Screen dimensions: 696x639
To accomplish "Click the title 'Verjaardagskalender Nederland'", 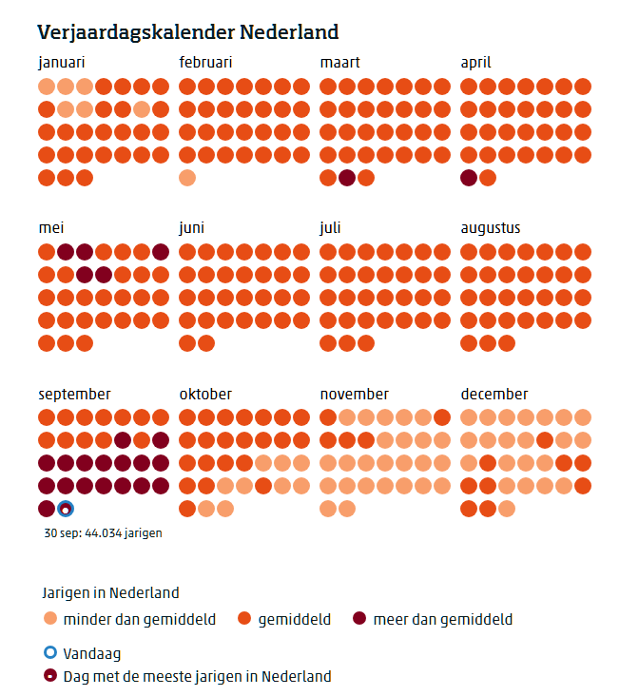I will [x=187, y=32].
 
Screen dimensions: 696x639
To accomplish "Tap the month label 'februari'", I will [x=205, y=63].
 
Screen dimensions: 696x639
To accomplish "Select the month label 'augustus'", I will [x=491, y=228].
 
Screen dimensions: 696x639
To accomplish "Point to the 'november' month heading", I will [x=354, y=394].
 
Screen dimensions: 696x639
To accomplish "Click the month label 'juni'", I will [x=191, y=228].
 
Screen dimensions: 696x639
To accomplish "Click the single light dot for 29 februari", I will [x=187, y=178].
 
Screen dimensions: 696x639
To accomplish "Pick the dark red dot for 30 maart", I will [x=347, y=178].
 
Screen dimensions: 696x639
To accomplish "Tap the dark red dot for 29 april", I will [x=469, y=178].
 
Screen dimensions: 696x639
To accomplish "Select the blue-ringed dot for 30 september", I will [x=66, y=509].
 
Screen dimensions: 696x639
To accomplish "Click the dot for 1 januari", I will [x=47, y=87].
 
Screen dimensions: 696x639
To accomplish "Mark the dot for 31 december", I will [x=507, y=509].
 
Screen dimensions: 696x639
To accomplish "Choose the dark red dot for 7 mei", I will [x=161, y=252].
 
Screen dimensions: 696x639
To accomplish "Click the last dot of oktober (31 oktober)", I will [x=225, y=509].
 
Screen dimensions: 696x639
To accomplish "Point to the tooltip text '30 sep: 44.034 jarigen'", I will [x=103, y=532].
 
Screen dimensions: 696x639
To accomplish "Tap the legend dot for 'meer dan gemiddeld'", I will [x=358, y=619].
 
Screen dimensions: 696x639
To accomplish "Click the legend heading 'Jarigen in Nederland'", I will [x=110, y=592].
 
